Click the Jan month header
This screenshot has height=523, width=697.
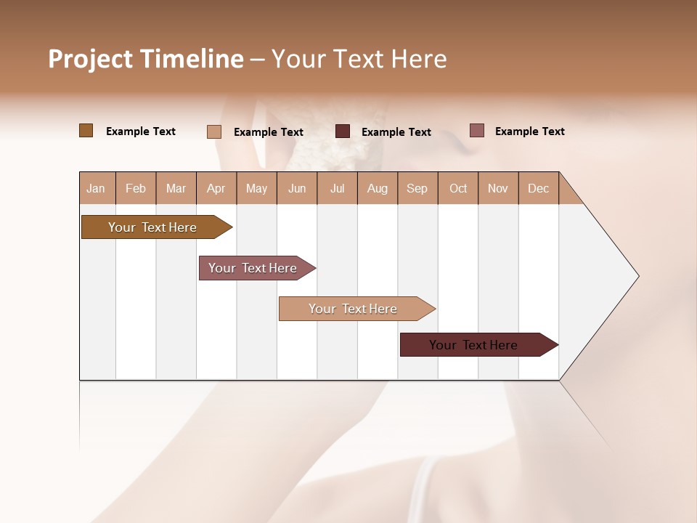(x=96, y=188)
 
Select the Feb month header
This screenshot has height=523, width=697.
(x=136, y=188)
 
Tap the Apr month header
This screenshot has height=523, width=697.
(x=216, y=188)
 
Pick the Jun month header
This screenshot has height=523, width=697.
(x=297, y=188)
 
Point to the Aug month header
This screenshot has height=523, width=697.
(x=377, y=188)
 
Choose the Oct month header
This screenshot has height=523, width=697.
(x=458, y=188)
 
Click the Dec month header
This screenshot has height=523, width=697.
(x=538, y=188)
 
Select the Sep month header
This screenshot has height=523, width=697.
(x=417, y=188)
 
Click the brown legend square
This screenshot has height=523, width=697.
(x=86, y=131)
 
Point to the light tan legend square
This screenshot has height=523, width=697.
(x=213, y=131)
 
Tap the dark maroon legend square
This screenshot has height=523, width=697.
(x=343, y=131)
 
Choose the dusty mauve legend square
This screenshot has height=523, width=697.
(x=476, y=131)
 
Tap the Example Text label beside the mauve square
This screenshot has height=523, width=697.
(x=529, y=131)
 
